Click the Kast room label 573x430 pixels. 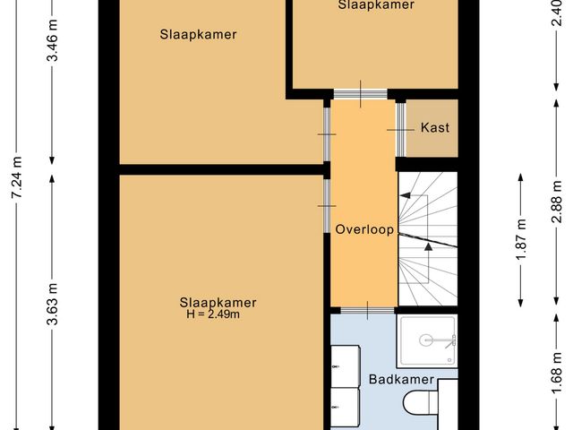434,127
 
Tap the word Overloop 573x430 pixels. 364,229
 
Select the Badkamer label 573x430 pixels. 401,380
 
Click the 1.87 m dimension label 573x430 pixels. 522,238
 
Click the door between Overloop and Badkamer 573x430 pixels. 363,310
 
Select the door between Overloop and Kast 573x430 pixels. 398,131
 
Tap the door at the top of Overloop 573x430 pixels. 360,93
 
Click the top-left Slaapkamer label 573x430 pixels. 204,35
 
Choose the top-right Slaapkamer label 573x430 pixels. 376,5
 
